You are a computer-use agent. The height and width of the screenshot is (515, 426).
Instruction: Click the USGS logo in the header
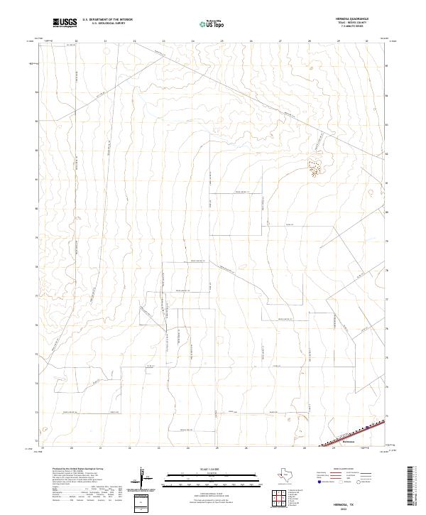click(x=65, y=23)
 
